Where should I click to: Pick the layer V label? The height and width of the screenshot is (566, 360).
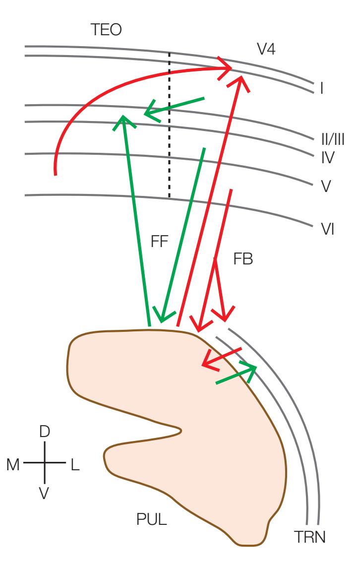click(x=326, y=187)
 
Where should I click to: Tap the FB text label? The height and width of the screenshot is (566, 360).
click(x=243, y=259)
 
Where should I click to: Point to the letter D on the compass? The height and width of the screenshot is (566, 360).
click(x=45, y=432)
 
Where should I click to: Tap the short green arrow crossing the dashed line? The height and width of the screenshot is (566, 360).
click(x=174, y=107)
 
